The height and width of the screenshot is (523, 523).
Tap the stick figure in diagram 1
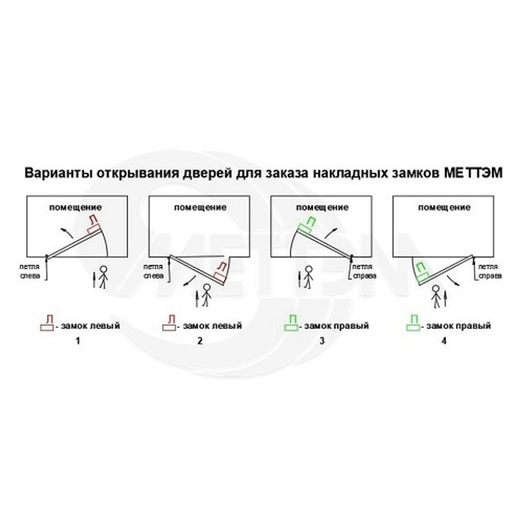pos(103,277)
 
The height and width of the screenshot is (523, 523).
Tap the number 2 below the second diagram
pos(199,342)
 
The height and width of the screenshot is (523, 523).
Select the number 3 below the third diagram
pos(322,342)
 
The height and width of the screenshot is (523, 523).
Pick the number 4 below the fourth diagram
pos(444,342)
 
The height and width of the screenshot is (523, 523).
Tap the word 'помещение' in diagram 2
pos(201,207)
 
